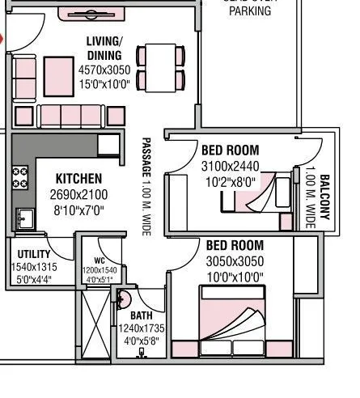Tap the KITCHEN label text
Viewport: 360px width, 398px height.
click(78, 179)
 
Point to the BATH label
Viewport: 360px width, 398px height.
click(142, 315)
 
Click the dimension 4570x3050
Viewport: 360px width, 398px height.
click(104, 70)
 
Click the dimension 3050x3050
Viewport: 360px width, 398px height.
click(235, 261)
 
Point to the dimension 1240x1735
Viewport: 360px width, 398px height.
click(142, 330)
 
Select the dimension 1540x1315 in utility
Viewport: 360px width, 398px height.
click(34, 267)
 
